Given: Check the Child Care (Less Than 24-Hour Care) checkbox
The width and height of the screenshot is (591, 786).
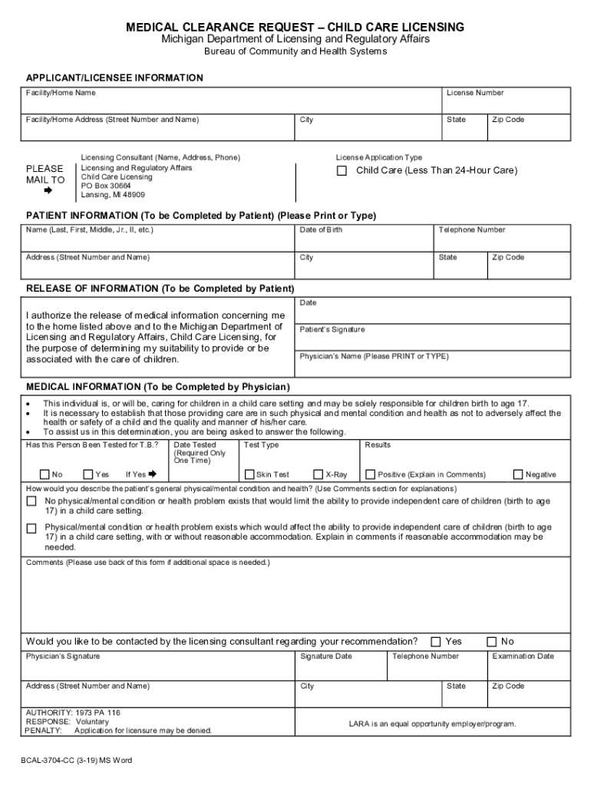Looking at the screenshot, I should (342, 170).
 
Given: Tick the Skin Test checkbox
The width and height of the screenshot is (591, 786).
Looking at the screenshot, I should (249, 474).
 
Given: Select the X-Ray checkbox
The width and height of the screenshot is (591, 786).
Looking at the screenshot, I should (318, 474).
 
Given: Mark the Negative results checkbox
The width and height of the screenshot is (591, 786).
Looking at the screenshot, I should (518, 474).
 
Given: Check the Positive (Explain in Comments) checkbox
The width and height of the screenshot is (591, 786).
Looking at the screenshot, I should (370, 474).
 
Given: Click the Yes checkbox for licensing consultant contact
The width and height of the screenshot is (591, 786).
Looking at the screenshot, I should (436, 642).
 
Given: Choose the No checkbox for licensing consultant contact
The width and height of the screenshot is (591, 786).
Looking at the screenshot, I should (492, 642).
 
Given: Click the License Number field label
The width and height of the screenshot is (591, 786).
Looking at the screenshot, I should (475, 93).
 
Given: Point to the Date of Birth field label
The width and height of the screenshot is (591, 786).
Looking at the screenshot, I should (321, 230).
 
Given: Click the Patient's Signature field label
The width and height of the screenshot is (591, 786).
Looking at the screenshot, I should (332, 329).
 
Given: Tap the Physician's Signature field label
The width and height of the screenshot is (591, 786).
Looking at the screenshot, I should (63, 656).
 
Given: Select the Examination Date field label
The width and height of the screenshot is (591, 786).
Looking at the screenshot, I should (523, 656).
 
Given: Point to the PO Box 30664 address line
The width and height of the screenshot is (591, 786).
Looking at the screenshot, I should (106, 186).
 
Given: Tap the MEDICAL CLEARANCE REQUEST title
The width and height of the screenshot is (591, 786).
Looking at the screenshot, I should (295, 28).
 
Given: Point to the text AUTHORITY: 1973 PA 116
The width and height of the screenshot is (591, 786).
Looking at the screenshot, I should (73, 712).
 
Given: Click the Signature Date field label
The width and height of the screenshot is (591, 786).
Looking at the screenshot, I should (326, 656).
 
